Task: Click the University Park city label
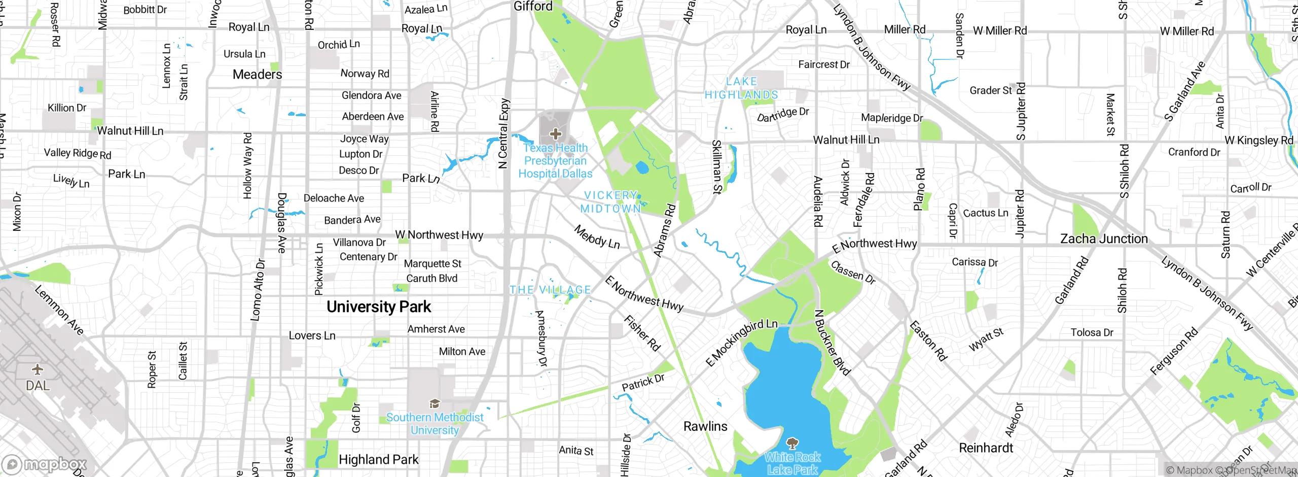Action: click(378, 306)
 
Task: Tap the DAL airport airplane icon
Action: click(38, 369)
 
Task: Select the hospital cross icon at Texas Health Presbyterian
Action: click(556, 134)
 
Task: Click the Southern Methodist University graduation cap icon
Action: click(435, 404)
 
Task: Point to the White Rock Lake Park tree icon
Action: click(792, 443)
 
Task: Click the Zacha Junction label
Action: click(1104, 238)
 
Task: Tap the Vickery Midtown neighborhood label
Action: click(611, 202)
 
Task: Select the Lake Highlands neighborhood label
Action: click(741, 88)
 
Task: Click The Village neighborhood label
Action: click(550, 290)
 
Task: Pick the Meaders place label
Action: click(257, 75)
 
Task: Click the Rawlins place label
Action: click(705, 426)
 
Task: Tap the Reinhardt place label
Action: click(986, 448)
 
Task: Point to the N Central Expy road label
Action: click(503, 133)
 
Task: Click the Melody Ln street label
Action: click(597, 237)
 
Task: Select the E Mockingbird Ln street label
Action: click(741, 342)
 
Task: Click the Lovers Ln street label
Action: click(312, 335)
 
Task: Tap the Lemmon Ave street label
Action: click(59, 310)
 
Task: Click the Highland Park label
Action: click(378, 460)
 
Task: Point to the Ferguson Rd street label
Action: click(1173, 351)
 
